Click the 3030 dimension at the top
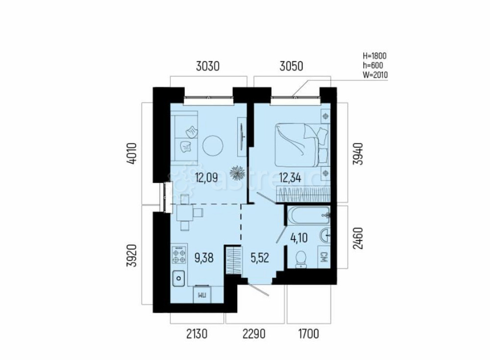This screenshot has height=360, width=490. (208, 67)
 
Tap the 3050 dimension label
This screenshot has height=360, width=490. (293, 67)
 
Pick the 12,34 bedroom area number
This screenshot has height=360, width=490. (289, 177)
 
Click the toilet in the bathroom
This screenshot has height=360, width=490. (301, 259)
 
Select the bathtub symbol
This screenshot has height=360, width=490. (308, 215)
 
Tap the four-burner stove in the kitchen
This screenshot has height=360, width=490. (179, 253)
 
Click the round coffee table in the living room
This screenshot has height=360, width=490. (213, 145)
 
